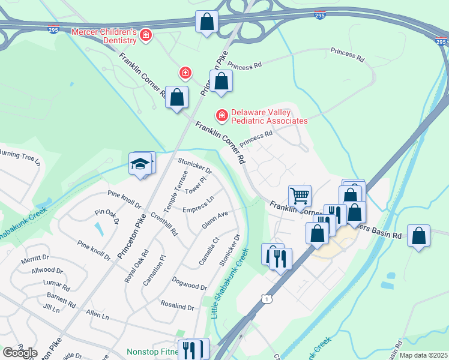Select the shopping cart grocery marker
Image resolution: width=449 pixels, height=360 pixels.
click(x=300, y=195)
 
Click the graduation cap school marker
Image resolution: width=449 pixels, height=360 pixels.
click(x=140, y=163)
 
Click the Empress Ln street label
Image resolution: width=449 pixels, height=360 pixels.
click(x=198, y=205)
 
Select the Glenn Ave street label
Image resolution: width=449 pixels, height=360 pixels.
click(x=214, y=223)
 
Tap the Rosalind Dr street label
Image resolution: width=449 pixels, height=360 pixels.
click(x=177, y=306)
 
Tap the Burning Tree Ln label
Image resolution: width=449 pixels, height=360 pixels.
click(x=19, y=158)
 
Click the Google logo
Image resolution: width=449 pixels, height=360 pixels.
click(x=20, y=352)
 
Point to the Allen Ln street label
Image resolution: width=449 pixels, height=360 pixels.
click(x=97, y=314)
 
